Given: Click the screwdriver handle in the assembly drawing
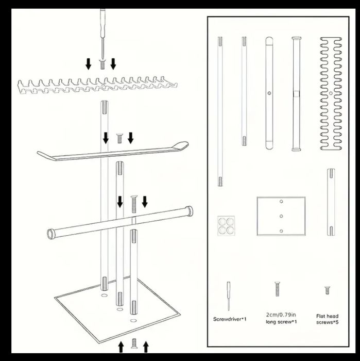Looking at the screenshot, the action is point(102,23).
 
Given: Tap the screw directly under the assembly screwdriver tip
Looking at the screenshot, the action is point(102,64).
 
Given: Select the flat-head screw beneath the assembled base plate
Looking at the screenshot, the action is point(134,343).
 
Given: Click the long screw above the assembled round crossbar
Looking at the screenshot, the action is point(134,204).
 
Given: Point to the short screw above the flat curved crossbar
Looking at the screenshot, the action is point(119,138).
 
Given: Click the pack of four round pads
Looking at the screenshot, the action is point(226,226).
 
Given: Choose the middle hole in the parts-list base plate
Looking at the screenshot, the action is point(281,216).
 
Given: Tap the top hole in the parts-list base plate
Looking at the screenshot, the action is point(281,202).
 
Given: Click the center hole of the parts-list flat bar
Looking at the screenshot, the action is point(269,93).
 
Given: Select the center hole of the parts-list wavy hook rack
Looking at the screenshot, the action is point(331,93).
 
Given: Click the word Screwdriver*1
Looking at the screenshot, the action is point(230,319).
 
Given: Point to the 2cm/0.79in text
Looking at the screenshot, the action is point(281,315).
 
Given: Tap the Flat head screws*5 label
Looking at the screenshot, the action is point(327,319).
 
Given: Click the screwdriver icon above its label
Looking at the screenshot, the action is point(229,296).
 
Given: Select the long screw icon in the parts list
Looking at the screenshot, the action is point(277,289).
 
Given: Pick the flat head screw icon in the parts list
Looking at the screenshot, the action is point(328,290).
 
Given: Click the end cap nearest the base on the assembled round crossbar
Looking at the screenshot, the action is point(50,234).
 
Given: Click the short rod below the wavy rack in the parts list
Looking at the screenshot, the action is point(331,202).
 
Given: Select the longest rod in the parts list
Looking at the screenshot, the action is point(220,111).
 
